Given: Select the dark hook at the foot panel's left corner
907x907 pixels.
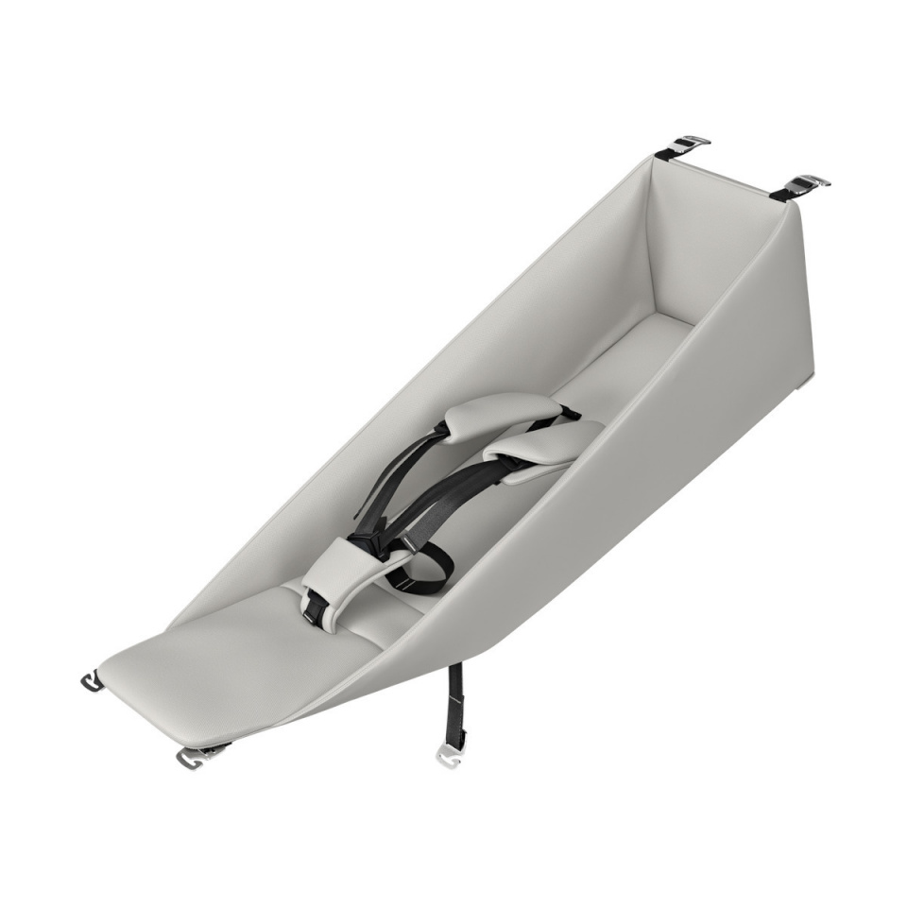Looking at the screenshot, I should [x=92, y=681].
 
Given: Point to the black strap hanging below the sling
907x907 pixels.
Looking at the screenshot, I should [x=454, y=704].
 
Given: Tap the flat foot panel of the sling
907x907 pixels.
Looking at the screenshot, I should [x=217, y=661].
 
